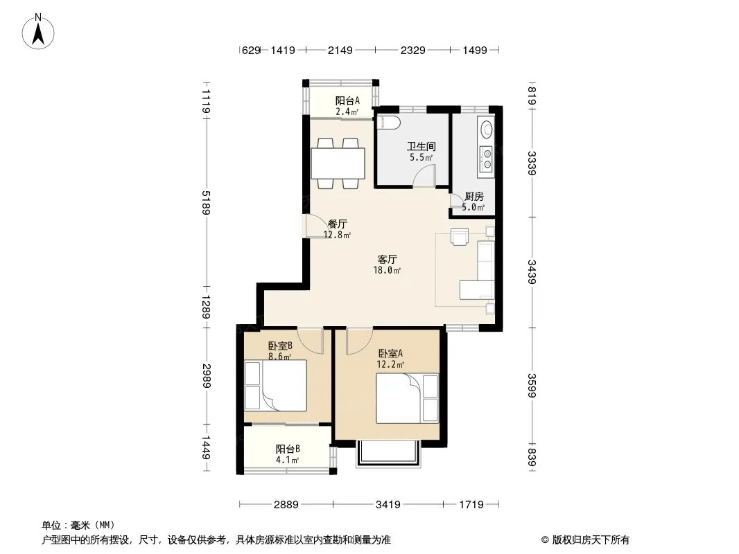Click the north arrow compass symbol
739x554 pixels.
pos(38,32)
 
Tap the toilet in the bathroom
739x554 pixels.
pos(390,123)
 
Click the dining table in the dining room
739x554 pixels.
pos(338,163)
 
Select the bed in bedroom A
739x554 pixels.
pos(407,398)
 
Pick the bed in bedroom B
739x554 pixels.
pos(276,386)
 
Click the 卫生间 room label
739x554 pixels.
pos(421,146)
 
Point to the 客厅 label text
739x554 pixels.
pos(388,260)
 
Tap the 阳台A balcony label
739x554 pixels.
pos(347,100)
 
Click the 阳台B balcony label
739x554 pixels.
pos(288,449)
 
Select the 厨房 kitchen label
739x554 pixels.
pos(473,197)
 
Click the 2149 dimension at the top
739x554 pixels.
pos(340,50)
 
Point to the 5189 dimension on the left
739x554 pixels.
pos(206,202)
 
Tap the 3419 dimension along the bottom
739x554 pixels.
pos(388,505)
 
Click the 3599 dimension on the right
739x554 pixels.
pos(532,385)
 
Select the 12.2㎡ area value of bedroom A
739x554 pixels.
pos(390,364)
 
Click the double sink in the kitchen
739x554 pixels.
pos(486,158)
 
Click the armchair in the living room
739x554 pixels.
pos(460,236)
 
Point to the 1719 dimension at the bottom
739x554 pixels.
pos(471,505)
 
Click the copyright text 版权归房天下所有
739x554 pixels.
pos(591,540)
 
